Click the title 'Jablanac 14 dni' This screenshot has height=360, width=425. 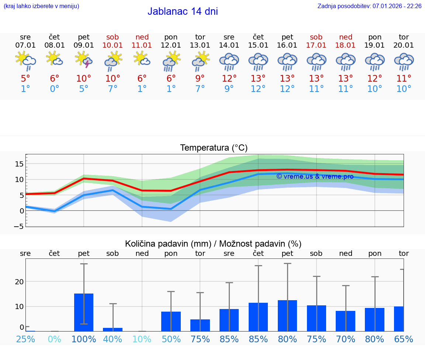pos(183,11)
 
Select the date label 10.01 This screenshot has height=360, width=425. pos(113,45)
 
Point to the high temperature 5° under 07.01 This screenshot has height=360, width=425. pos(25,78)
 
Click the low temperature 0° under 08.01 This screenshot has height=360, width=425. pos(55,89)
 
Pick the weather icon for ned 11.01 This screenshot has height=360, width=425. pos(142,59)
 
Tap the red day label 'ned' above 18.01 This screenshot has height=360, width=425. pos(345,37)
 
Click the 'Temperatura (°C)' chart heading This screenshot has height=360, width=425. pos(214,148)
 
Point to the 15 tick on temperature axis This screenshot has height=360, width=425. pos(20,164)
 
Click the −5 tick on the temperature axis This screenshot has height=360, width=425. pos(20,226)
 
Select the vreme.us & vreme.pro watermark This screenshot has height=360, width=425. pos(315,176)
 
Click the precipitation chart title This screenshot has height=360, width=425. pos(213,244)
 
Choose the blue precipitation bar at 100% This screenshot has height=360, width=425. pos(84,312)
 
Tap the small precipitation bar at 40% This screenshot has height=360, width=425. pos(113,329)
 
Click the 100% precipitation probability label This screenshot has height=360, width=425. pos(84,339)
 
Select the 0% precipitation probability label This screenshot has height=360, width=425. pos(55,339)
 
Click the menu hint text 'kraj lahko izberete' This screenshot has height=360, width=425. pos(41,6)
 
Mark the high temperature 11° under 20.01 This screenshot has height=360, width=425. pos(404,78)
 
